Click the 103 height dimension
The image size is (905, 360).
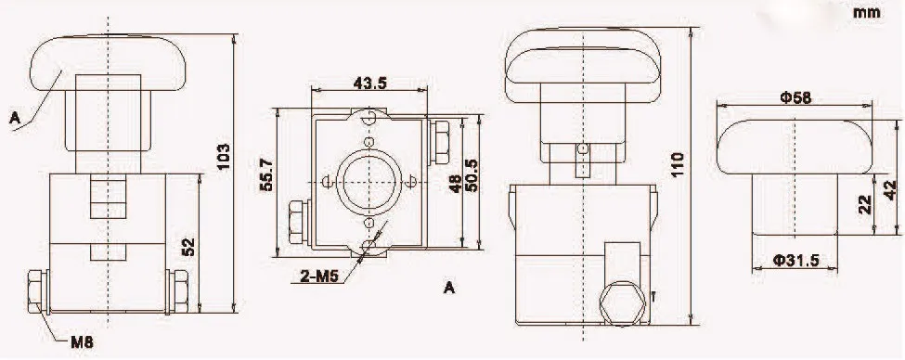(x=224, y=157)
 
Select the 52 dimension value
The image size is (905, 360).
(x=189, y=247)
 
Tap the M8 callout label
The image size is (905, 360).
(x=82, y=342)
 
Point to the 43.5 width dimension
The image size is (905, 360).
(x=369, y=83)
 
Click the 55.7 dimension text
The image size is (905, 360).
(x=266, y=176)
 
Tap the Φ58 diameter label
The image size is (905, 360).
(x=795, y=98)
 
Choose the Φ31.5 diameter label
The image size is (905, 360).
(x=795, y=261)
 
